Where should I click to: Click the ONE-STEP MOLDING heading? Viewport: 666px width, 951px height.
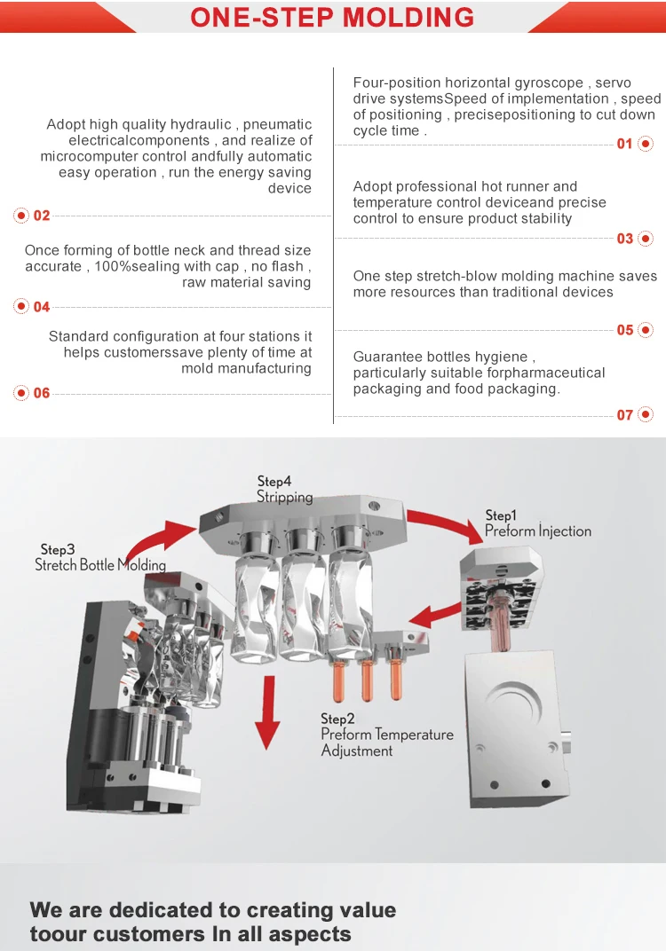[x=332, y=17]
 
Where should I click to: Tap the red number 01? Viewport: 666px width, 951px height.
[x=625, y=144]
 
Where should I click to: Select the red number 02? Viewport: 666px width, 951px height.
[x=42, y=216]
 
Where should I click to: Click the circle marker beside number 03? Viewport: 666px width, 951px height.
[x=646, y=239]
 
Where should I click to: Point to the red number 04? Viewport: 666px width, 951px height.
[x=42, y=307]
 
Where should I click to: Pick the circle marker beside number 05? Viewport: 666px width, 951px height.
[x=646, y=330]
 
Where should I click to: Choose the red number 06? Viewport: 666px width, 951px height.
[x=42, y=393]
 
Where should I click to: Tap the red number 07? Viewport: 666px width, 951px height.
[x=625, y=415]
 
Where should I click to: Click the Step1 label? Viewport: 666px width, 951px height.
[x=501, y=515]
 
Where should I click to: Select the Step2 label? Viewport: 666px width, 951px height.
[x=337, y=719]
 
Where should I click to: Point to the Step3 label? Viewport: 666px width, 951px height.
[x=58, y=550]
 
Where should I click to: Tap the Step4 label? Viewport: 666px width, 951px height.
[x=274, y=482]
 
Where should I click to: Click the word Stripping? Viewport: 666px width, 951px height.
[x=285, y=498]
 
